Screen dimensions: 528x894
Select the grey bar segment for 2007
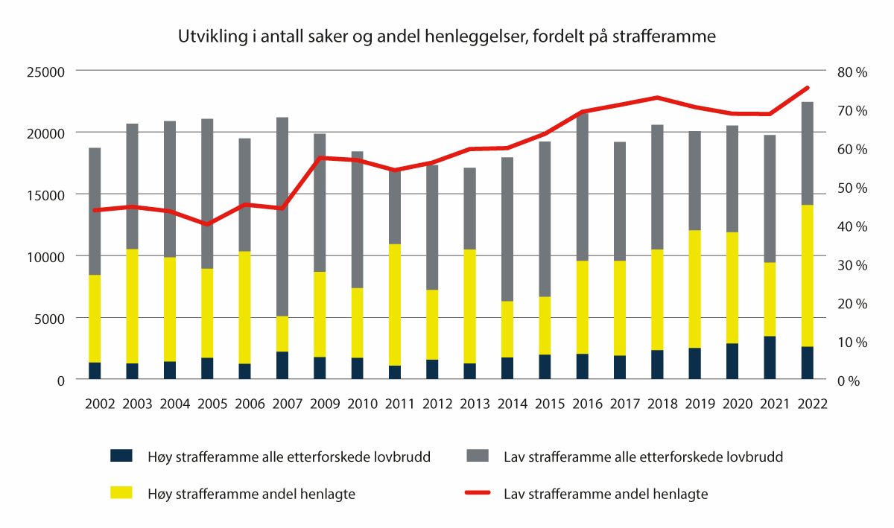coord(282,216)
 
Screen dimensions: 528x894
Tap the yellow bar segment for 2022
coord(808,276)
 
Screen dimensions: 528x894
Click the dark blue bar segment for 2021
coord(770,357)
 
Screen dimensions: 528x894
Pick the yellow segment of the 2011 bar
coord(396,305)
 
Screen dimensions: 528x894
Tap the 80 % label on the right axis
coord(852,72)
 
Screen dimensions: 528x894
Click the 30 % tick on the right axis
coord(852,265)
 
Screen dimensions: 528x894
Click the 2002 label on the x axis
coord(101,404)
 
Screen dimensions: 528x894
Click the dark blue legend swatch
coord(121,456)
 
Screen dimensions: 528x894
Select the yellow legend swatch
coord(121,493)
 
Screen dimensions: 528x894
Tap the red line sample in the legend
coord(478,493)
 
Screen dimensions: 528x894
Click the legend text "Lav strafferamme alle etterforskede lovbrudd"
coord(643,457)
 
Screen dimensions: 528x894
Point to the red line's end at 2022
coord(808,88)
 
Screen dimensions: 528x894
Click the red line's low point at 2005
coord(207,224)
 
